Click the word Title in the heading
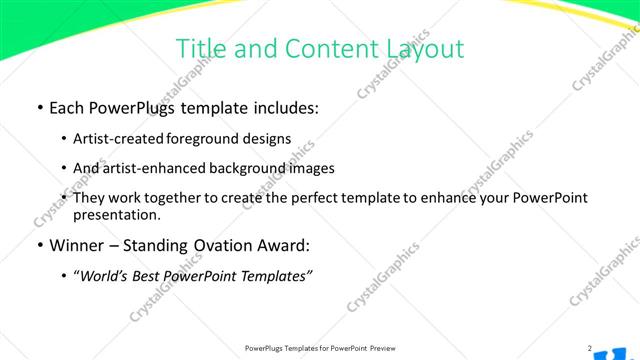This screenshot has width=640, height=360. [x=199, y=48]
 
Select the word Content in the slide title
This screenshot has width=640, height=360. [x=324, y=48]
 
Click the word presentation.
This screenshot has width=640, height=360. [x=117, y=215]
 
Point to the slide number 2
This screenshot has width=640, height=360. [x=590, y=348]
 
